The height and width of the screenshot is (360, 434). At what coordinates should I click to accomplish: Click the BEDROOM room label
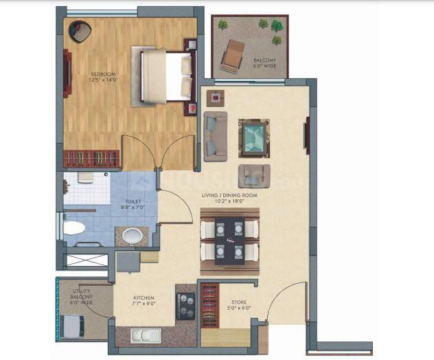[102, 74]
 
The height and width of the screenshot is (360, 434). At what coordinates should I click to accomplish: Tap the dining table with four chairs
[229, 240]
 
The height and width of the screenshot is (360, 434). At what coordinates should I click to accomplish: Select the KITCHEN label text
[144, 298]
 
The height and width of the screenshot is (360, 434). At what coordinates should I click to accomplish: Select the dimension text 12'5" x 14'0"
[102, 80]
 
